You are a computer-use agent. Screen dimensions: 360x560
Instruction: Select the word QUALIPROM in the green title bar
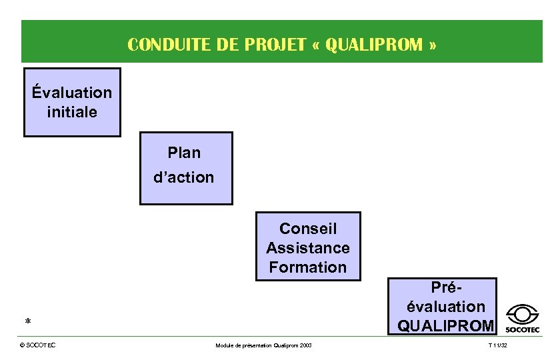coord(374,45)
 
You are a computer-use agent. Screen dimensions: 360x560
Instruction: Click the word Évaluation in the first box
coord(72,91)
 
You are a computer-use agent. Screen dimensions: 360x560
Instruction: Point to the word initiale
coord(72,111)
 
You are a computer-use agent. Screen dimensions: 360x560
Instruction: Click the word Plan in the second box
coord(184,153)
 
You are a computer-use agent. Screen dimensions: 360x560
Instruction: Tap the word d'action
coord(184,177)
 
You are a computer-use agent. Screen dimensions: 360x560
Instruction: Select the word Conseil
coord(308,229)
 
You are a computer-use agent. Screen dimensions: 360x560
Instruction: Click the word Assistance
coord(308,248)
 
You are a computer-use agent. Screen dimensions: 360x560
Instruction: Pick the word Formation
coord(308,267)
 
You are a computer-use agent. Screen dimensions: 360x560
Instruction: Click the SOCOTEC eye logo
coord(523,317)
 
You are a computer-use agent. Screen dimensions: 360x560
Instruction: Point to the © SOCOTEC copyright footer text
coord(38,345)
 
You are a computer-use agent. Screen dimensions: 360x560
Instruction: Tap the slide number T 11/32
coord(497,345)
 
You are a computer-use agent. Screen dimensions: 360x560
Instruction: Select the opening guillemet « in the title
coord(317,45)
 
